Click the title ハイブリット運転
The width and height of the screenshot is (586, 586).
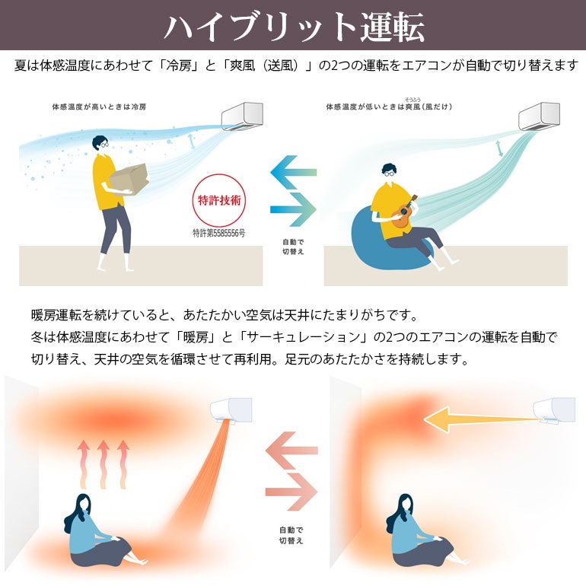tap(294, 27)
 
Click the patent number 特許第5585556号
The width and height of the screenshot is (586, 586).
tap(219, 233)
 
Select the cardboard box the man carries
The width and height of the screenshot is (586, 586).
tap(129, 179)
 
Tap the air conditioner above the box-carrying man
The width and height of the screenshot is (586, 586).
tap(243, 116)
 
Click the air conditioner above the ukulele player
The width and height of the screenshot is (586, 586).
tap(539, 116)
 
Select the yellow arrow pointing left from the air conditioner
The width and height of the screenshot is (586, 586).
tap(482, 419)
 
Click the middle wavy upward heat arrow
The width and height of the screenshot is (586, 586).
tap(104, 464)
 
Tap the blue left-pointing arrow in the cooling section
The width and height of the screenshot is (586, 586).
tap(293, 172)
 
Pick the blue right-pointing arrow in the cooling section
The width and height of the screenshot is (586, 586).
tap(293, 209)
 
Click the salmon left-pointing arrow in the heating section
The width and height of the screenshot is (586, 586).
tap(291, 451)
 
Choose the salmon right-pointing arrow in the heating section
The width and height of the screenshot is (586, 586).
tap(291, 492)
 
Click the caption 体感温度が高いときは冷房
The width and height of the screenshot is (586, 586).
tap(99, 107)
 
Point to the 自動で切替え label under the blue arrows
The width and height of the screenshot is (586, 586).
tap(293, 247)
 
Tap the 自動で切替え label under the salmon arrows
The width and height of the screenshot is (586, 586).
tap(291, 535)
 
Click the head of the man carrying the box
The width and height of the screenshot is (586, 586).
tap(100, 144)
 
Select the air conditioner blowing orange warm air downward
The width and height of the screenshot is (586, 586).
tap(231, 410)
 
